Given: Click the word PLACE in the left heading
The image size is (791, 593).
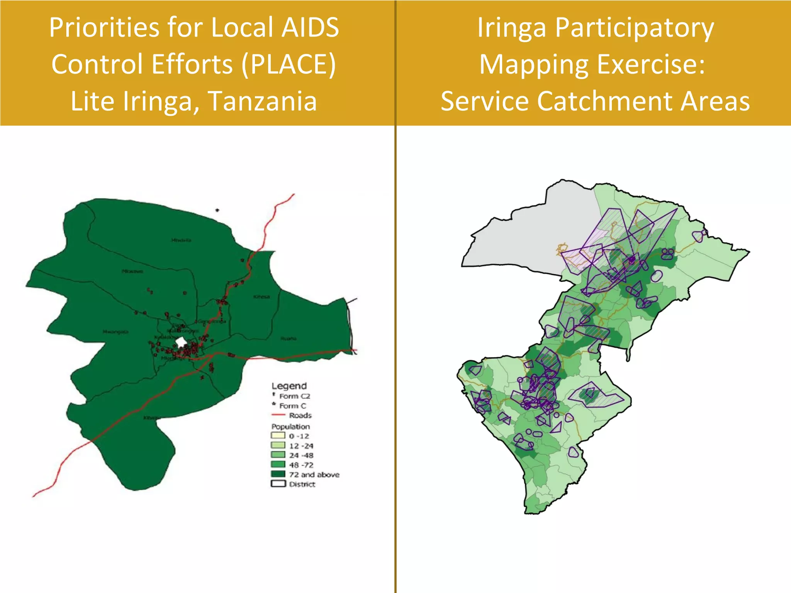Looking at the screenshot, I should point(289,64).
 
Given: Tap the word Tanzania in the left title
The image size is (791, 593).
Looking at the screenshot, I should point(263,101).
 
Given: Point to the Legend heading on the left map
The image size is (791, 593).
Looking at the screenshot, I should point(289,386).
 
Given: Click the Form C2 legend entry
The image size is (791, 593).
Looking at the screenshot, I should point(294,396).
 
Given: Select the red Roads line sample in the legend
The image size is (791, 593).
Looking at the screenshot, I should point(278,415).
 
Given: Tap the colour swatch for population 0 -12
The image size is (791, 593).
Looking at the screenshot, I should point(278,435).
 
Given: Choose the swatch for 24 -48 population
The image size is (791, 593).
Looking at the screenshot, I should point(278,455).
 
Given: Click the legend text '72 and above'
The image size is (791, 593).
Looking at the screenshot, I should point(314,474).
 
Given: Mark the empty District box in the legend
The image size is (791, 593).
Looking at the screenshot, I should point(278,484).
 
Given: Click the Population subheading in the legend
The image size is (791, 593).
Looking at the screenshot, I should point(290,426).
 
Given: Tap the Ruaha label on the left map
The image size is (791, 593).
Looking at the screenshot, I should point(288,339).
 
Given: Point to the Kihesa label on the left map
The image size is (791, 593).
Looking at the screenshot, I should point(261,297).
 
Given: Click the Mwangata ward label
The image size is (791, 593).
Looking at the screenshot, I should point(115,332).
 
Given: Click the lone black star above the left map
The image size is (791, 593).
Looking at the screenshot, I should point(217,210).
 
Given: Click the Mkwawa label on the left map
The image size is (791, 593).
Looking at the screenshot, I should point(132,271).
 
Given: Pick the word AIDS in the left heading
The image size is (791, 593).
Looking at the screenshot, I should point(310,28).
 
